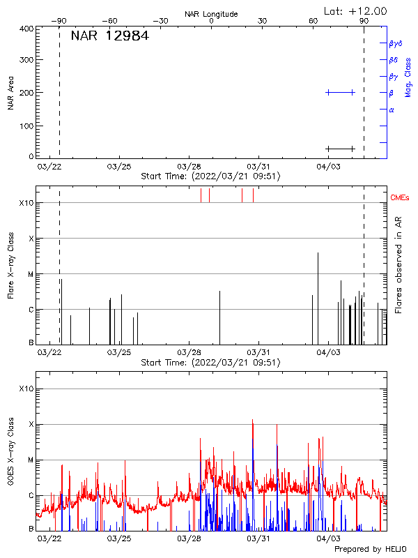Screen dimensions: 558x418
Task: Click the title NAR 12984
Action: click(109, 36)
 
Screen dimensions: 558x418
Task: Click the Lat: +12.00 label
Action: click(355, 10)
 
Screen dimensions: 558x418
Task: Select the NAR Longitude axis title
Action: click(211, 14)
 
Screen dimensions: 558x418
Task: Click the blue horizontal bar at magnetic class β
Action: click(340, 92)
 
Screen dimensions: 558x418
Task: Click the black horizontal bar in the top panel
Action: click(340, 149)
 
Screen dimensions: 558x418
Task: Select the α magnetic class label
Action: click(392, 110)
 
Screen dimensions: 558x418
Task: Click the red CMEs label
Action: click(400, 198)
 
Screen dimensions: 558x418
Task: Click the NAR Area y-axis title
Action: click(11, 92)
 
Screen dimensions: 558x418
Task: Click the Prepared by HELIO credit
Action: click(369, 550)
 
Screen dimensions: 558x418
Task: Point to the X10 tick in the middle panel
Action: click(26, 203)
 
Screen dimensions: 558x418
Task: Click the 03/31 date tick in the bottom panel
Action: click(258, 538)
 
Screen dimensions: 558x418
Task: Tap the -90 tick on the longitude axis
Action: click(61, 21)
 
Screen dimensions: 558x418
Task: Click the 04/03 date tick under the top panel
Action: click(328, 167)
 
